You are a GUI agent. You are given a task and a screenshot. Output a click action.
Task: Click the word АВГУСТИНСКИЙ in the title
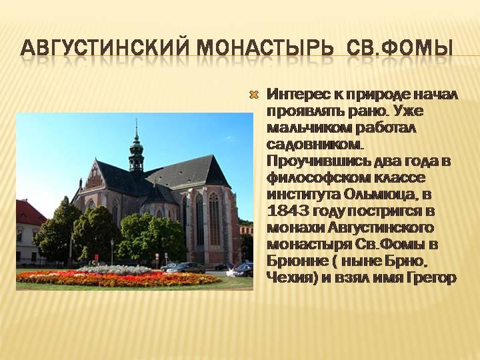point(105,47)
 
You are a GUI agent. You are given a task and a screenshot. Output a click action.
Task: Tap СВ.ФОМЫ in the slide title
point(400,47)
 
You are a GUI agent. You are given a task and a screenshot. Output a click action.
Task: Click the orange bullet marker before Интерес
point(254,95)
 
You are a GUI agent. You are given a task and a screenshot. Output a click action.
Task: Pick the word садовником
point(315,144)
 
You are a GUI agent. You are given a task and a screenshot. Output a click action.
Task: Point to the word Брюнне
point(294,262)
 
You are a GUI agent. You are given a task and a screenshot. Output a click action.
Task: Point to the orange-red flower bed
point(118,278)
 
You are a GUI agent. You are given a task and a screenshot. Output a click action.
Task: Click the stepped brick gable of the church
point(94,176)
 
